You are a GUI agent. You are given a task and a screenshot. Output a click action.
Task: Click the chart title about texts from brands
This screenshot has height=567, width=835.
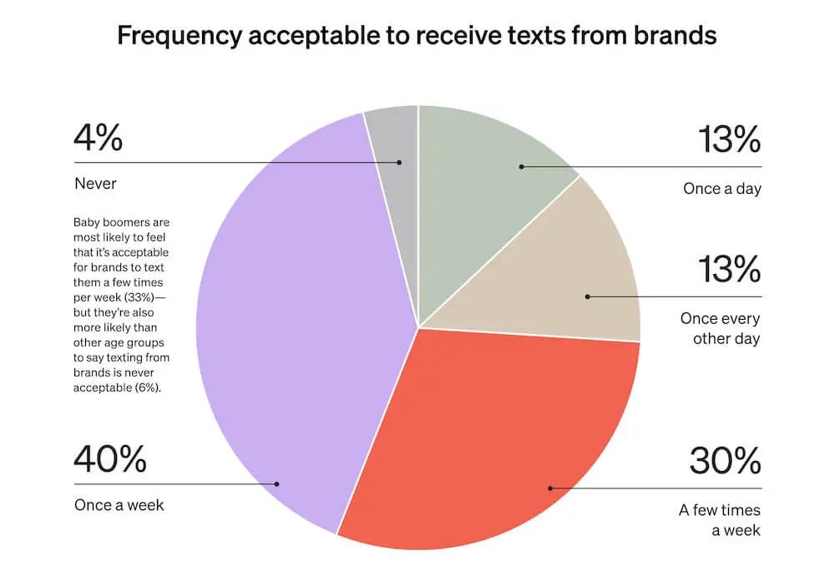click(x=417, y=36)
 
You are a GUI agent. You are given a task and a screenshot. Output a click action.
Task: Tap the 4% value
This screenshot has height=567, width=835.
click(x=98, y=138)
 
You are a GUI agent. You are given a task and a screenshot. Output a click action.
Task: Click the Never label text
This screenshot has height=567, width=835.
click(x=94, y=182)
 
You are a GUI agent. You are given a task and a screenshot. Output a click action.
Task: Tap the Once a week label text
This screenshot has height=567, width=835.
click(x=119, y=504)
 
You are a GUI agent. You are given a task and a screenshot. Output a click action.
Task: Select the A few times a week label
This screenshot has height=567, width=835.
click(x=719, y=519)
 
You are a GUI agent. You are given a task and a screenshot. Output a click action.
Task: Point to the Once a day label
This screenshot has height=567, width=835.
click(x=721, y=189)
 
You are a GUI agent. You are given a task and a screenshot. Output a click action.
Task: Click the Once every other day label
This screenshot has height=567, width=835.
click(x=720, y=328)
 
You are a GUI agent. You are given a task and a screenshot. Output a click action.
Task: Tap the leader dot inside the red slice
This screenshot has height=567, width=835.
click(x=549, y=488)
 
